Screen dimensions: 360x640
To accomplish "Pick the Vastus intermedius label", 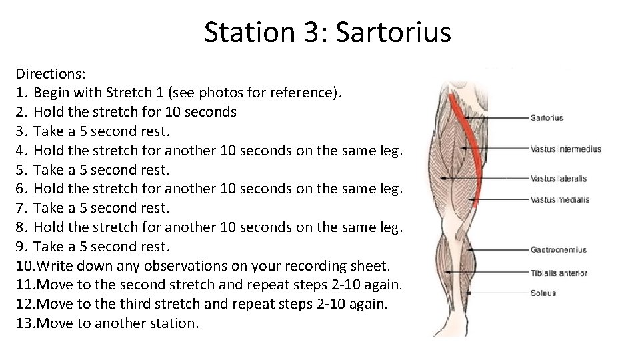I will click(x=565, y=149).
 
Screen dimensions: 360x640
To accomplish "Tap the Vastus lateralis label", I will click(x=558, y=179).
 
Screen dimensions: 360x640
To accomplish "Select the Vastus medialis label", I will click(x=559, y=199).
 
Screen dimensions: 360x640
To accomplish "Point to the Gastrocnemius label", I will click(x=558, y=250).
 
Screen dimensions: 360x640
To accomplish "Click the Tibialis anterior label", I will click(x=559, y=273).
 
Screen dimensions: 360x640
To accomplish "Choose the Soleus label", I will click(x=543, y=293).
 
